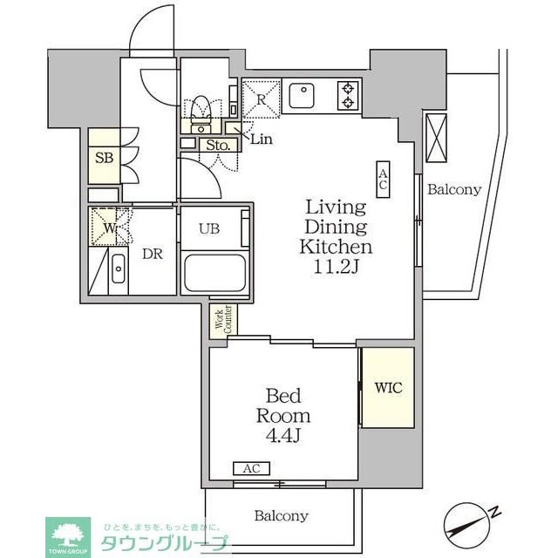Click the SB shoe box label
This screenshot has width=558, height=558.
click(102, 159)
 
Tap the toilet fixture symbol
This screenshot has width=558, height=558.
click(201, 108)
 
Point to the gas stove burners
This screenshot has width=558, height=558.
click(348, 95)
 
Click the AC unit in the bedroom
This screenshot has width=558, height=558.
click(251, 468)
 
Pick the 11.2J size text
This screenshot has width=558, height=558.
click(337, 266)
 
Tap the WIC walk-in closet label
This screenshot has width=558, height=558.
click(388, 387)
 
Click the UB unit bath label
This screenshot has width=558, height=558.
click(208, 229)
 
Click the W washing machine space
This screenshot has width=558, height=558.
click(109, 228)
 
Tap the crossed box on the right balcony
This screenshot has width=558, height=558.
click(435, 137)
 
